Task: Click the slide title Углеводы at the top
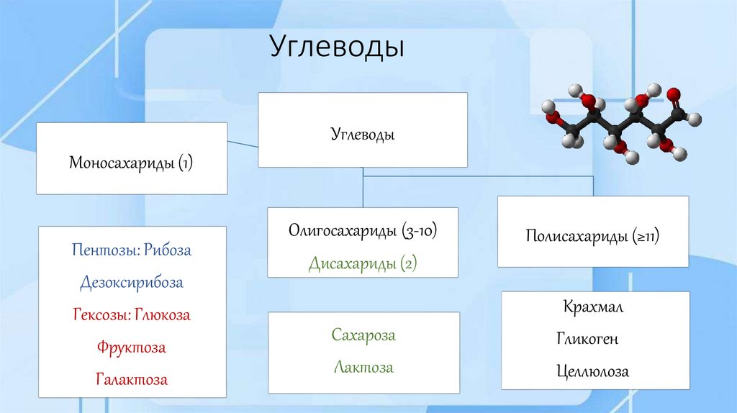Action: click(x=338, y=47)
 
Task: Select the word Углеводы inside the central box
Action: click(x=363, y=134)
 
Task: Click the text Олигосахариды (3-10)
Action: click(x=363, y=232)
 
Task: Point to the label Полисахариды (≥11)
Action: click(x=593, y=236)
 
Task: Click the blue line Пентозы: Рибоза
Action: click(x=132, y=250)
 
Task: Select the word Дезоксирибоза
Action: click(x=132, y=283)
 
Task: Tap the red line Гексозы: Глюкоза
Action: click(x=132, y=315)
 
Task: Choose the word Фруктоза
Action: click(x=132, y=348)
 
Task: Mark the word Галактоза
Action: click(x=132, y=379)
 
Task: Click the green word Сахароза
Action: click(x=363, y=335)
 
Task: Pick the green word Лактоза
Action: click(x=363, y=367)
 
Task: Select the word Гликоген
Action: click(x=587, y=339)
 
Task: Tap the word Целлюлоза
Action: click(x=592, y=371)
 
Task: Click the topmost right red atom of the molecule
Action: click(x=674, y=94)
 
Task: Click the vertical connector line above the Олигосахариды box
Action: click(x=363, y=191)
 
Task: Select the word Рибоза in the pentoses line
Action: click(x=167, y=250)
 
